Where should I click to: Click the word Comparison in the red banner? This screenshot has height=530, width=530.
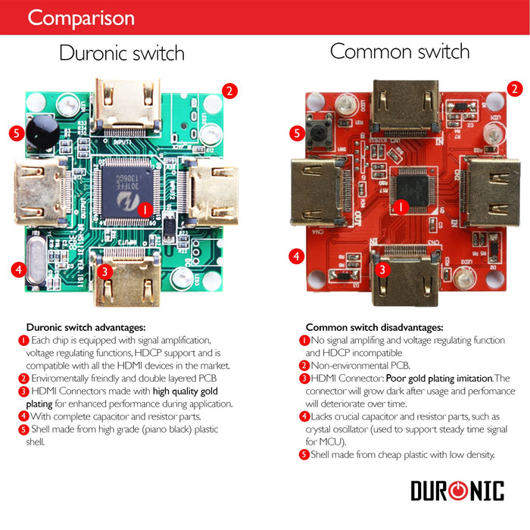point(80,17)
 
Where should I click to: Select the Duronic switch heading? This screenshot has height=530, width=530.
point(122,54)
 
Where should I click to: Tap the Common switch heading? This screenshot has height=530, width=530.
point(400,51)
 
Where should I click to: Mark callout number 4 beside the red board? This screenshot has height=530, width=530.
point(297,256)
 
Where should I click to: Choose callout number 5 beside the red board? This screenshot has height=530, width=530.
point(297,133)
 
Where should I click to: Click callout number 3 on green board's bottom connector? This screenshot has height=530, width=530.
point(106,270)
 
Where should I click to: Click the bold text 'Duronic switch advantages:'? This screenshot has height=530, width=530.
point(86,327)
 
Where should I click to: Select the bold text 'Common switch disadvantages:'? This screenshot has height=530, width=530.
point(374,327)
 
